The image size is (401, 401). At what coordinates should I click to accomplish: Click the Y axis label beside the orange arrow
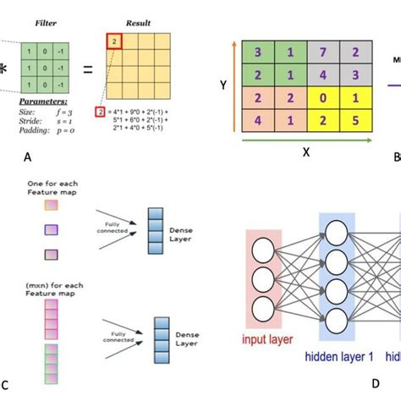point(222,85)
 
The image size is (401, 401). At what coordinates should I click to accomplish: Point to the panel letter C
point(6,387)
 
